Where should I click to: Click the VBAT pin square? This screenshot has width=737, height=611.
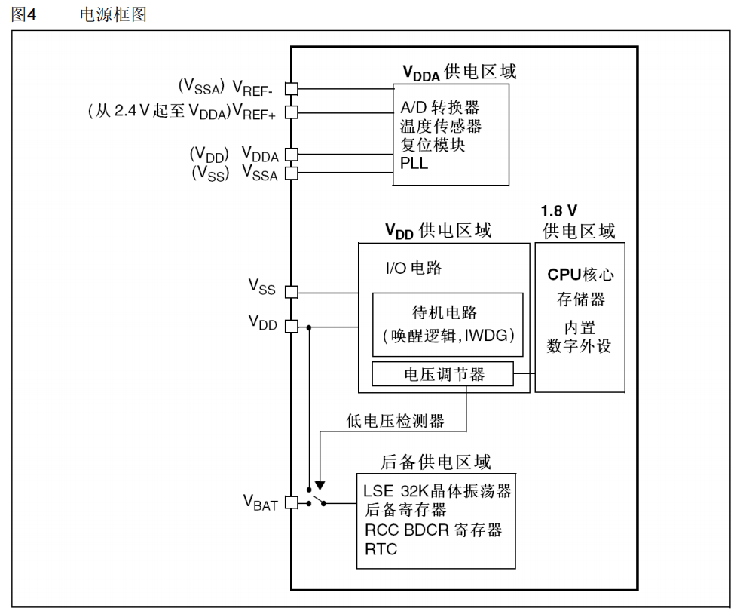pyautogui.click(x=292, y=502)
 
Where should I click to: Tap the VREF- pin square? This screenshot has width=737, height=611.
pyautogui.click(x=292, y=88)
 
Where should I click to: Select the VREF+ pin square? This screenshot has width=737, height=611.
pyautogui.click(x=292, y=112)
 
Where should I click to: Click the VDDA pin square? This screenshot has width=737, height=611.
pyautogui.click(x=292, y=155)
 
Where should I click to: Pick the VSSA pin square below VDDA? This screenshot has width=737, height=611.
pyautogui.click(x=292, y=173)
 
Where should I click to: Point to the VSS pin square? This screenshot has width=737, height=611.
pyautogui.click(x=292, y=292)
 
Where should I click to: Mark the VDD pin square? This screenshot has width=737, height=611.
pyautogui.click(x=292, y=326)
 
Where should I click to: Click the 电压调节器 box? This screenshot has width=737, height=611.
pyautogui.click(x=442, y=374)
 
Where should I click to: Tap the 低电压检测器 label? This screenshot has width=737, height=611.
pyautogui.click(x=396, y=420)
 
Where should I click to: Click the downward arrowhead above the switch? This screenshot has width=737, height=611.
pyautogui.click(x=320, y=486)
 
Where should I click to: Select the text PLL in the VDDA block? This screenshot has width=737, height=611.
pyautogui.click(x=414, y=163)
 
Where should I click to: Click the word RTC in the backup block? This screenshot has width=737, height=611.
pyautogui.click(x=381, y=549)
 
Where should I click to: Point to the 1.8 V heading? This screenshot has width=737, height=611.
pyautogui.click(x=559, y=210)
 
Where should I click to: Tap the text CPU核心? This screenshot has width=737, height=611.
pyautogui.click(x=580, y=275)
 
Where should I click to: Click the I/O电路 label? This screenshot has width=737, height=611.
pyautogui.click(x=414, y=268)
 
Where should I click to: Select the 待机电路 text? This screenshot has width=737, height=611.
pyautogui.click(x=444, y=312)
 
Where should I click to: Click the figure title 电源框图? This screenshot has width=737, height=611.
pyautogui.click(x=113, y=14)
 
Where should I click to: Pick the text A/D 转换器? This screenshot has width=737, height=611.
pyautogui.click(x=440, y=108)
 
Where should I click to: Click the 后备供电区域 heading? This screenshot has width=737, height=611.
pyautogui.click(x=436, y=462)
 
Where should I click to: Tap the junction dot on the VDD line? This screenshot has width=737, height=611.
pyautogui.click(x=309, y=327)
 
